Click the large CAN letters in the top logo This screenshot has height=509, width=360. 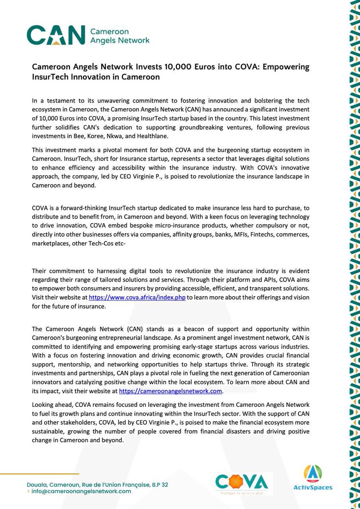tap(55, 35)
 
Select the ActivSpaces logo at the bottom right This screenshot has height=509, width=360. tap(313, 478)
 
